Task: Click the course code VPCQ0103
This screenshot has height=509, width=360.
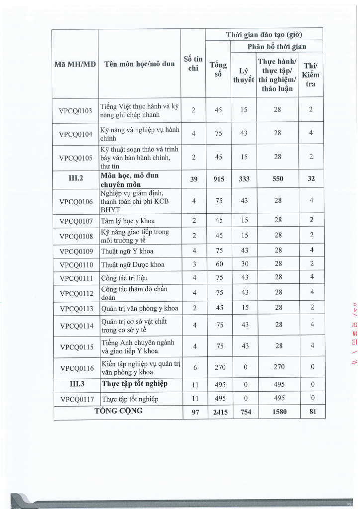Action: coord(76,110)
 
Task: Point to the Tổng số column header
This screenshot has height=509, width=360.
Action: coord(218,69)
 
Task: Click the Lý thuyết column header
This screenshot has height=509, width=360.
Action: coord(244,75)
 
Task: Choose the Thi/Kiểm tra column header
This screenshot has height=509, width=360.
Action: coord(311,75)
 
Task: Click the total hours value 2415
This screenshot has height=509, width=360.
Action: coord(218,412)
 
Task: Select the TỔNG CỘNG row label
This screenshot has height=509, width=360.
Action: coord(118,411)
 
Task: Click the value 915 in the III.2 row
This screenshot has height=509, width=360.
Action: coord(218,180)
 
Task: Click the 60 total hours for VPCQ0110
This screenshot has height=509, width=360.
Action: coord(218,264)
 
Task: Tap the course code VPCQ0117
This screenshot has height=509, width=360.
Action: coord(76,399)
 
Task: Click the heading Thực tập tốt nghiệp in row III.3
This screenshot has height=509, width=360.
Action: coord(134,384)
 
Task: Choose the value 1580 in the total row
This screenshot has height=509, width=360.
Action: coord(277,412)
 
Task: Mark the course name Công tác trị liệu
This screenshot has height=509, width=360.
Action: coord(124,277)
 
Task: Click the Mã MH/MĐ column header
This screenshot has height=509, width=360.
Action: coord(76,64)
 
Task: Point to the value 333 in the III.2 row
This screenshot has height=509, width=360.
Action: coord(244,180)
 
